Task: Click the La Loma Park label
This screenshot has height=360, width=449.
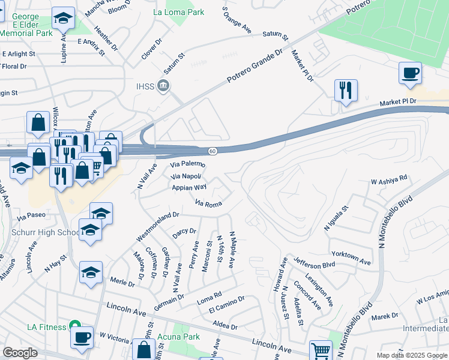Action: (178, 12)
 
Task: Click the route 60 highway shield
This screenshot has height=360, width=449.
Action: (213, 151)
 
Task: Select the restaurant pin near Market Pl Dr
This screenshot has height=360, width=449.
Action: (346, 91)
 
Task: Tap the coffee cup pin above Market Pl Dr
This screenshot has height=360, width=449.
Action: (410, 73)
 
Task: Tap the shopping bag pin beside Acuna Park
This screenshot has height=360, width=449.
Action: (144, 349)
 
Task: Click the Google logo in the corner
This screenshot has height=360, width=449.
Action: (19, 353)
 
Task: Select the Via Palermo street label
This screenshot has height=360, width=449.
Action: (188, 164)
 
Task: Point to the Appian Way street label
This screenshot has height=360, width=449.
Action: (189, 188)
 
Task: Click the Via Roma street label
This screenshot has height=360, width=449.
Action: (208, 204)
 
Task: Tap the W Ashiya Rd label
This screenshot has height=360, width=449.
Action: (389, 178)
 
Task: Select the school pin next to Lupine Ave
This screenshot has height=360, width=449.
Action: (62, 19)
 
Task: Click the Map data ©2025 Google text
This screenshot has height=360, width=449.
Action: (411, 355)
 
